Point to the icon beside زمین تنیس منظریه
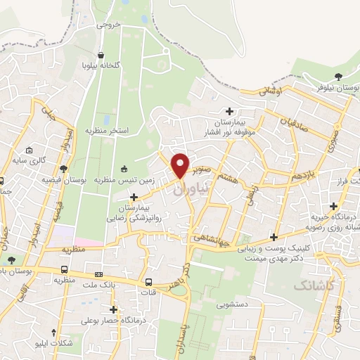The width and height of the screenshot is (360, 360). (124, 168)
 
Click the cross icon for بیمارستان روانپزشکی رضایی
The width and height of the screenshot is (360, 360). (134, 197)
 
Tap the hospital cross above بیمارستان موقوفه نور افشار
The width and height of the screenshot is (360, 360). (230, 110)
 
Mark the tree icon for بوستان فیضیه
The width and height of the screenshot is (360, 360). (64, 169)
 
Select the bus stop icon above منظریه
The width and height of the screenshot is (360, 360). (65, 269)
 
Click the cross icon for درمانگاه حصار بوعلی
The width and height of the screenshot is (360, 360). (113, 309)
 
